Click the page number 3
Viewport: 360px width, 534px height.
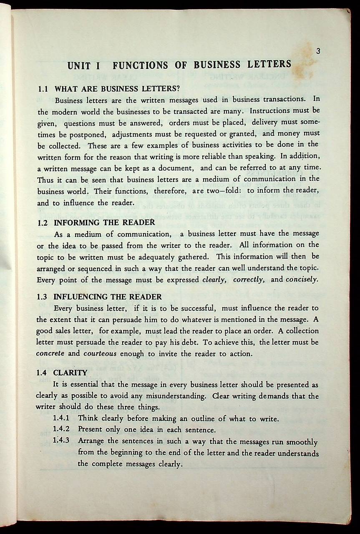pyautogui.click(x=318, y=52)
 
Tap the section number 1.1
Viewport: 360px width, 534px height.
pyautogui.click(x=44, y=89)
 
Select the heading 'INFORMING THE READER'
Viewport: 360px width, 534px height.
pyautogui.click(x=105, y=222)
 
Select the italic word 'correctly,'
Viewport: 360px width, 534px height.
pyautogui.click(x=249, y=279)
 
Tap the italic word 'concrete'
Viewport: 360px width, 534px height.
pyautogui.click(x=50, y=354)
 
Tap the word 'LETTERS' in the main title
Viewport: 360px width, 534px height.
pyautogui.click(x=269, y=65)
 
